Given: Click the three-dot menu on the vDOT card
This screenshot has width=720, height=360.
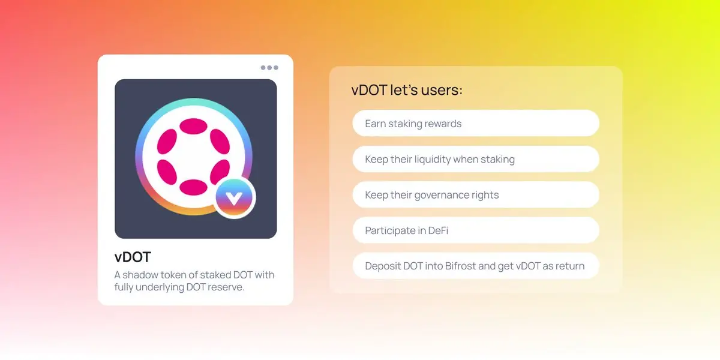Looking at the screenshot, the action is point(269,67).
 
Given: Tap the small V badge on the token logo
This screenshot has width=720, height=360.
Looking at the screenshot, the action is point(235,197).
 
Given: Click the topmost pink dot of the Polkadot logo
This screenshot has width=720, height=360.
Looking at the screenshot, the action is point(193,126).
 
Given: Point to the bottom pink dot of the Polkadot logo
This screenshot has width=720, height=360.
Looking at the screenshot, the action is point(193,187).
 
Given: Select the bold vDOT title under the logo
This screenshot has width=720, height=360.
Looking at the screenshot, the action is point(133,257).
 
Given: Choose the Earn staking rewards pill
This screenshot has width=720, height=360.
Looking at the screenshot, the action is point(476,123).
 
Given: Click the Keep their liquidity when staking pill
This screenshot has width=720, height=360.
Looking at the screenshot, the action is point(476,159).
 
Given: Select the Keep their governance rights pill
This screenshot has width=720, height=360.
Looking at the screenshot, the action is point(476,194).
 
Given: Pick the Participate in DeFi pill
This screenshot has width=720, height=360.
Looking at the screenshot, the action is point(476,230).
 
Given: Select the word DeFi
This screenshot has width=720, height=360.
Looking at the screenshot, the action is point(438,230).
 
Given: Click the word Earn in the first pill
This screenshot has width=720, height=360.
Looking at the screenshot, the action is point(375,124).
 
